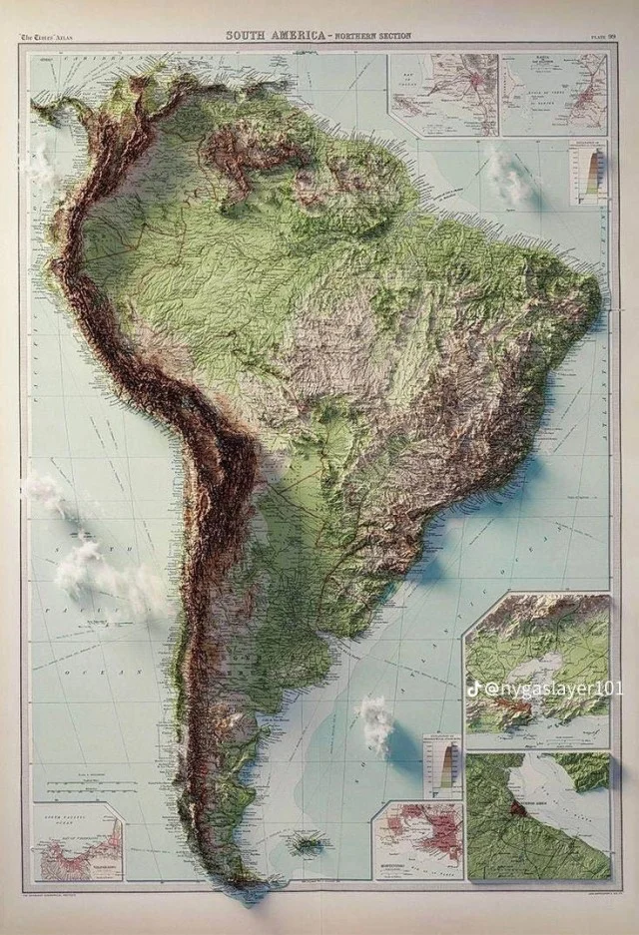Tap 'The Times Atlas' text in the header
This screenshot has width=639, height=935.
[47, 38]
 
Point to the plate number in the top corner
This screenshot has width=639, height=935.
[603, 38]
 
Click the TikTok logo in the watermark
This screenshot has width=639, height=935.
[475, 689]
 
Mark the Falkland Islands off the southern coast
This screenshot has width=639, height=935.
[306, 844]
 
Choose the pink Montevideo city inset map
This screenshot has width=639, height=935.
[417, 840]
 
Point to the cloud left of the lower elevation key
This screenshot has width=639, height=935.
[375, 722]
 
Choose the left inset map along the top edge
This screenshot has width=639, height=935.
[443, 95]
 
